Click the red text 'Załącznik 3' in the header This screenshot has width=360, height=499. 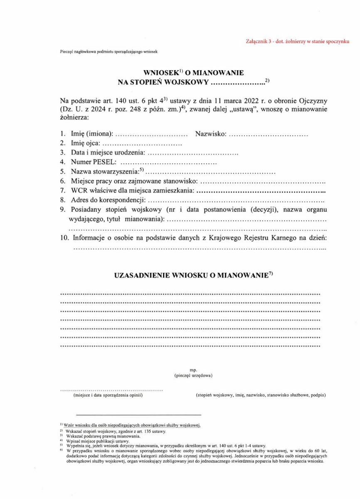260,42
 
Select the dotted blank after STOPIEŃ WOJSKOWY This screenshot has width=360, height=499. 237,82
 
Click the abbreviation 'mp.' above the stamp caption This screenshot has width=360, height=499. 193,369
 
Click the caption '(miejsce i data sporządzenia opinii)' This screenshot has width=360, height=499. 108,395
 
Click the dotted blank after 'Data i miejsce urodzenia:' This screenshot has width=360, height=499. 193,153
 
